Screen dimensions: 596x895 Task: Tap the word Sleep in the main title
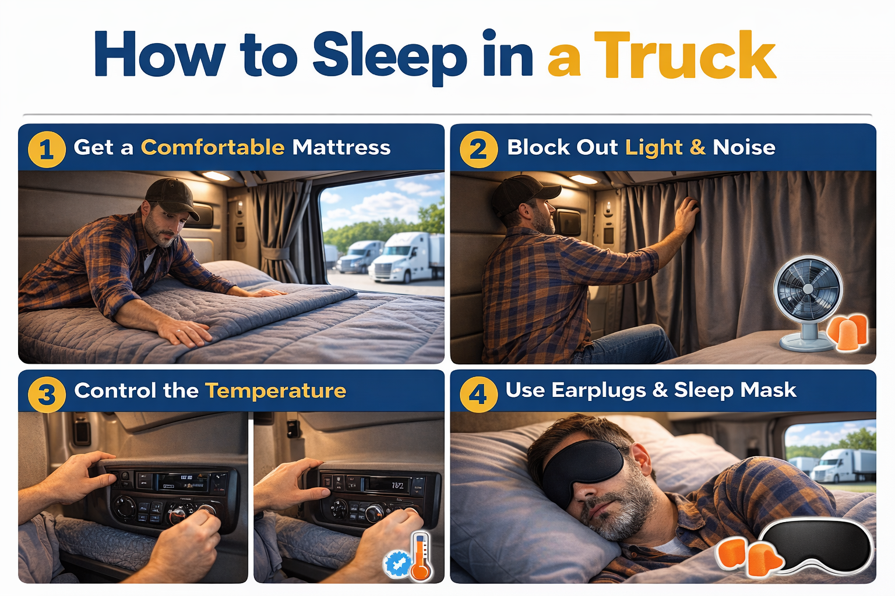[x=389, y=56]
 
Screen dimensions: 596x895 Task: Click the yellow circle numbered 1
[x=47, y=150]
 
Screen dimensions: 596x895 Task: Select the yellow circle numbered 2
[x=478, y=150]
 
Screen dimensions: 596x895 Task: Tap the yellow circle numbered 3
[x=47, y=395]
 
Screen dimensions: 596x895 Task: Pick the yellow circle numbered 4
[x=478, y=395]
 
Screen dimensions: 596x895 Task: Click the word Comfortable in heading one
[x=213, y=147]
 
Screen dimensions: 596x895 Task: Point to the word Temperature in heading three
[x=276, y=391]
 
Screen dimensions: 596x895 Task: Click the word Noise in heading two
[x=744, y=147]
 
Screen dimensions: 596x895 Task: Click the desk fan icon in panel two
[x=808, y=300]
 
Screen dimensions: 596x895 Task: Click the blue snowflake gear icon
[x=397, y=563]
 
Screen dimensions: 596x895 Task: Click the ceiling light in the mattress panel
[x=216, y=176]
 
